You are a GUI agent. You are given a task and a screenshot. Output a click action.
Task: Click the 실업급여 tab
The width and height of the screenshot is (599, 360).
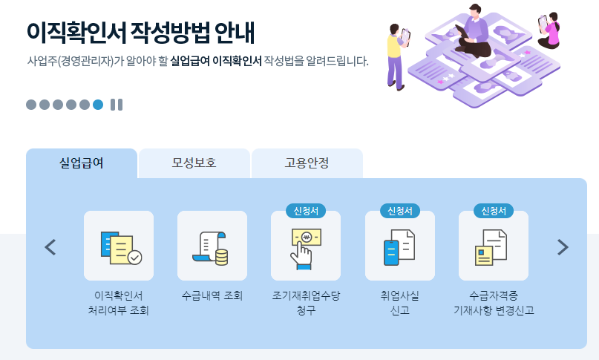[82, 163]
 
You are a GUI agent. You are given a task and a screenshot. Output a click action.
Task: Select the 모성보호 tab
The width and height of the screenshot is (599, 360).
[194, 163]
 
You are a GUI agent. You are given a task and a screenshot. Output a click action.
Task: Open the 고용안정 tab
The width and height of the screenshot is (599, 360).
[307, 163]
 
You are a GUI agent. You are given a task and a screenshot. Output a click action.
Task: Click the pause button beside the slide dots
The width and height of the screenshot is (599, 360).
[116, 105]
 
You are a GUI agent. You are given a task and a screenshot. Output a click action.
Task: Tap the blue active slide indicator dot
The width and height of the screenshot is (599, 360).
[98, 105]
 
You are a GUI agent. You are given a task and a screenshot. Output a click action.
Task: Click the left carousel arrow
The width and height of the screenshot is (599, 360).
[50, 246]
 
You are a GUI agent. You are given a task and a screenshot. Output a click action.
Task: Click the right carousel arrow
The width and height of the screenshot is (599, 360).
[563, 246]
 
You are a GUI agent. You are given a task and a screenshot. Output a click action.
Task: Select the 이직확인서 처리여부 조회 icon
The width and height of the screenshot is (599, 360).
[119, 246]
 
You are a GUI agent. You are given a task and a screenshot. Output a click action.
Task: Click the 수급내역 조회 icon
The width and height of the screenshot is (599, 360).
[212, 246]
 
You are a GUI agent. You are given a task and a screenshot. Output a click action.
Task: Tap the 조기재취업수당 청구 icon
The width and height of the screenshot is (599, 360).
[306, 246]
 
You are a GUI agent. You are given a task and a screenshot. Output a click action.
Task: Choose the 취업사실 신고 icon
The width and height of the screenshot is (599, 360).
[400, 246]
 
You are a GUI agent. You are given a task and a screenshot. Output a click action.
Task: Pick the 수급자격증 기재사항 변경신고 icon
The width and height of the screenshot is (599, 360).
[494, 246]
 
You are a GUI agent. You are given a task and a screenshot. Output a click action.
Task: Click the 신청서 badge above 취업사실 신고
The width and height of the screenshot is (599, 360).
[400, 211]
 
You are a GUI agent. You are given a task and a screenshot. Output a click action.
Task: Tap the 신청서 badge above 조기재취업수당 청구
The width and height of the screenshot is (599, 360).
[306, 211]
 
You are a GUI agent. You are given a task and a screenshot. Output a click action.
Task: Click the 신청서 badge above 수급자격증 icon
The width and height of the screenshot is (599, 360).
[494, 211]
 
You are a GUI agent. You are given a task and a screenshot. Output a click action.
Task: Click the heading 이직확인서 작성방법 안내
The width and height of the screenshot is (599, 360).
[140, 32]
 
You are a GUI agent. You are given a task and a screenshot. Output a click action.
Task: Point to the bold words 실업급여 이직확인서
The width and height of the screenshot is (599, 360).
[216, 61]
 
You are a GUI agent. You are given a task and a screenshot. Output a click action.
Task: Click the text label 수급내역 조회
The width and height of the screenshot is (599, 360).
[212, 295]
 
